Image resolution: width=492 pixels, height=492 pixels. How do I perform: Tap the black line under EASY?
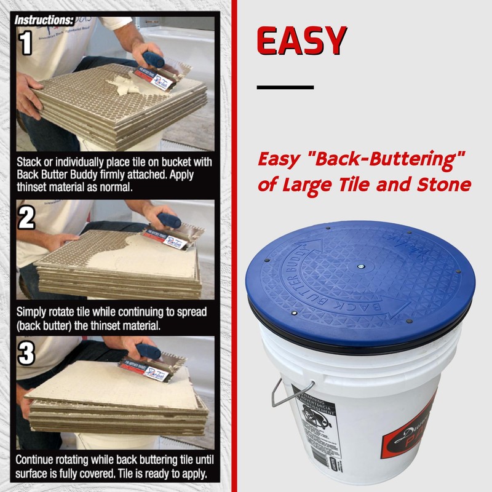[x=285, y=87]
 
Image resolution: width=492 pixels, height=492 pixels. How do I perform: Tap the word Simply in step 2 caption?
[x=31, y=312]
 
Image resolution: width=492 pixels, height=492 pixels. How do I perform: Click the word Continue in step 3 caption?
[x=37, y=459]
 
